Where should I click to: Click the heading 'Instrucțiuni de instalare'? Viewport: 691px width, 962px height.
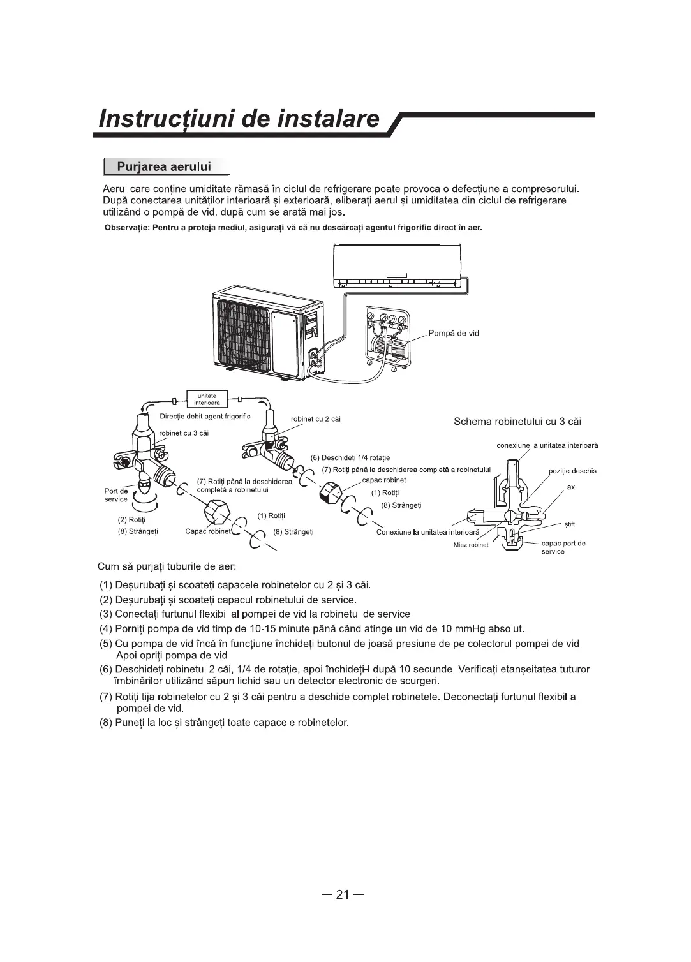pos(239,120)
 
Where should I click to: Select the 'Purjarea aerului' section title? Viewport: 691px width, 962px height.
pos(165,167)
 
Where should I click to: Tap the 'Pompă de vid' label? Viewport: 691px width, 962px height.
pos(454,333)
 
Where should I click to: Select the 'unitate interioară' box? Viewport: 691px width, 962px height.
pos(206,399)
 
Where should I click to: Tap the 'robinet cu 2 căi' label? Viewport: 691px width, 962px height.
pos(315,419)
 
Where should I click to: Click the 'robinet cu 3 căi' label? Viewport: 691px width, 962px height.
pos(184,433)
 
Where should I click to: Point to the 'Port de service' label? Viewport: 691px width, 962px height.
pos(116,495)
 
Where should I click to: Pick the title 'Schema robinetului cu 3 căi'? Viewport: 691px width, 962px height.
pos(517,422)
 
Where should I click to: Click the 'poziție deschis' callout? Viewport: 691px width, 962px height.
pos(572,471)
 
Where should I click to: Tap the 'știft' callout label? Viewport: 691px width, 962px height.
pos(570,524)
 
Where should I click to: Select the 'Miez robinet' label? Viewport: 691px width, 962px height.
pos(471,545)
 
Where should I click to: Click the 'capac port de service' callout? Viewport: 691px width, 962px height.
pos(563,547)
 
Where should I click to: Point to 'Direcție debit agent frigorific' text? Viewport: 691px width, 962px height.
pos(205,417)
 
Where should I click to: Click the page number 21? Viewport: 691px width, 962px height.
pos(343,895)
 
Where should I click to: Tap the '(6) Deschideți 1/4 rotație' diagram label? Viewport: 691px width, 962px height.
pos(350,457)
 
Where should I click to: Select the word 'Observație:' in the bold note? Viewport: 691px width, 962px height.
pos(126,228)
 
